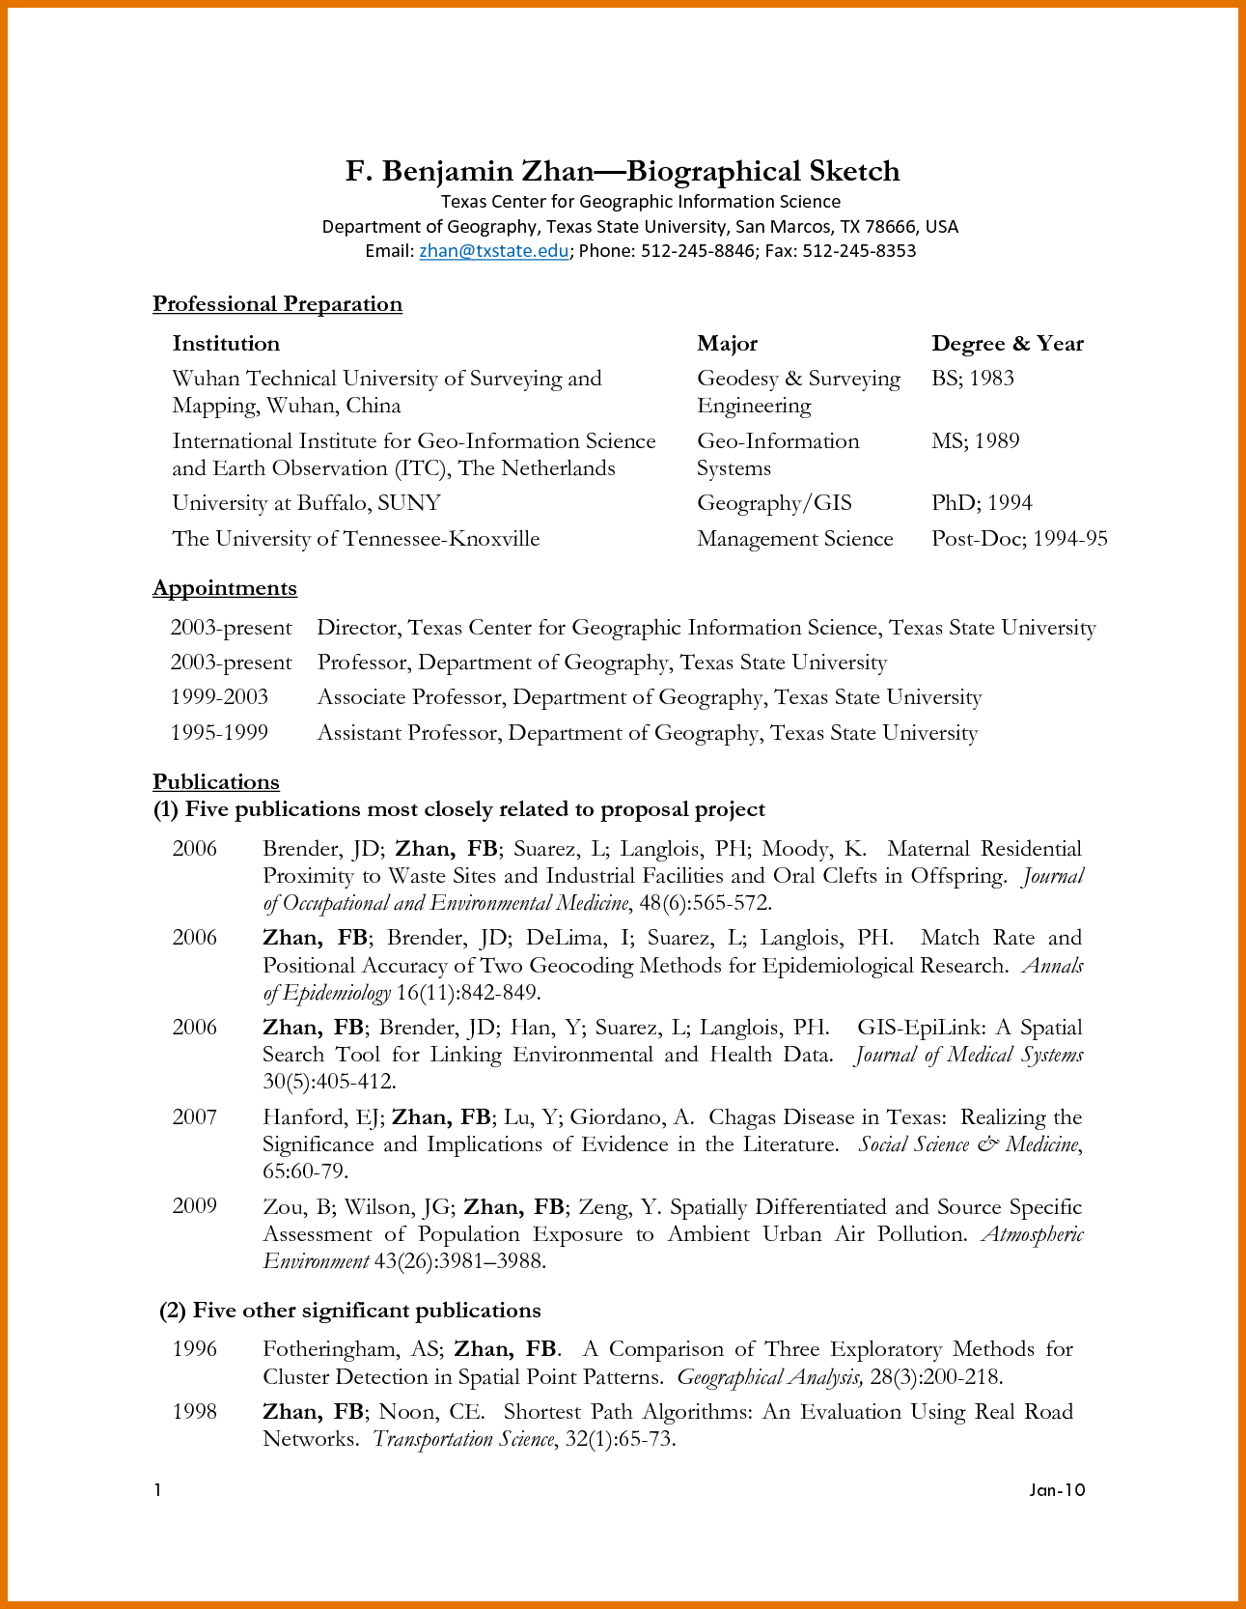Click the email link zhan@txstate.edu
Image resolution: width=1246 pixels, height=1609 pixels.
(493, 251)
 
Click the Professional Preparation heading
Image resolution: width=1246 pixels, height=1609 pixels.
(277, 304)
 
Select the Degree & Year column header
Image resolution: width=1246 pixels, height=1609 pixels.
(1007, 344)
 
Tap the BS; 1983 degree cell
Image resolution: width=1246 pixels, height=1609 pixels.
(972, 379)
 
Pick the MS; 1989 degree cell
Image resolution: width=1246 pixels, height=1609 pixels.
(975, 441)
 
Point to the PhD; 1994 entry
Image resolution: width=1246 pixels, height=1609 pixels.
(982, 503)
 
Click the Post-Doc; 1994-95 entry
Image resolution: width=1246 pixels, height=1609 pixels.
(1018, 539)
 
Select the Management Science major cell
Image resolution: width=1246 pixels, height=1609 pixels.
(794, 539)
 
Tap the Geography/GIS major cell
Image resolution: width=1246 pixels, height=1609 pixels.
(774, 503)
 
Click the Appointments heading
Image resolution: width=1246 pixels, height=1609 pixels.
(225, 588)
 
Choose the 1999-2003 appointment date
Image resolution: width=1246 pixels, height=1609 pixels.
(219, 697)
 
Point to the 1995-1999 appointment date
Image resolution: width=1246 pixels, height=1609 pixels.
(219, 733)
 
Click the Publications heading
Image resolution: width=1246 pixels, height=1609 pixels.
(216, 782)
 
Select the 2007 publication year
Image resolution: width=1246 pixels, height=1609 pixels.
(194, 1117)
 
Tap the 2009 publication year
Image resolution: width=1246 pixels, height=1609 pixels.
(194, 1206)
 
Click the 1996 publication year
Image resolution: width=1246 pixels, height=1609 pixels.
(194, 1349)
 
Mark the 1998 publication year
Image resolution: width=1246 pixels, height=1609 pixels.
(194, 1412)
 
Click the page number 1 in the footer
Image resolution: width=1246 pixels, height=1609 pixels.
(157, 1490)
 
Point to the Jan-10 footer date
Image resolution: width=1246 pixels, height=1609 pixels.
(1057, 1490)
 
